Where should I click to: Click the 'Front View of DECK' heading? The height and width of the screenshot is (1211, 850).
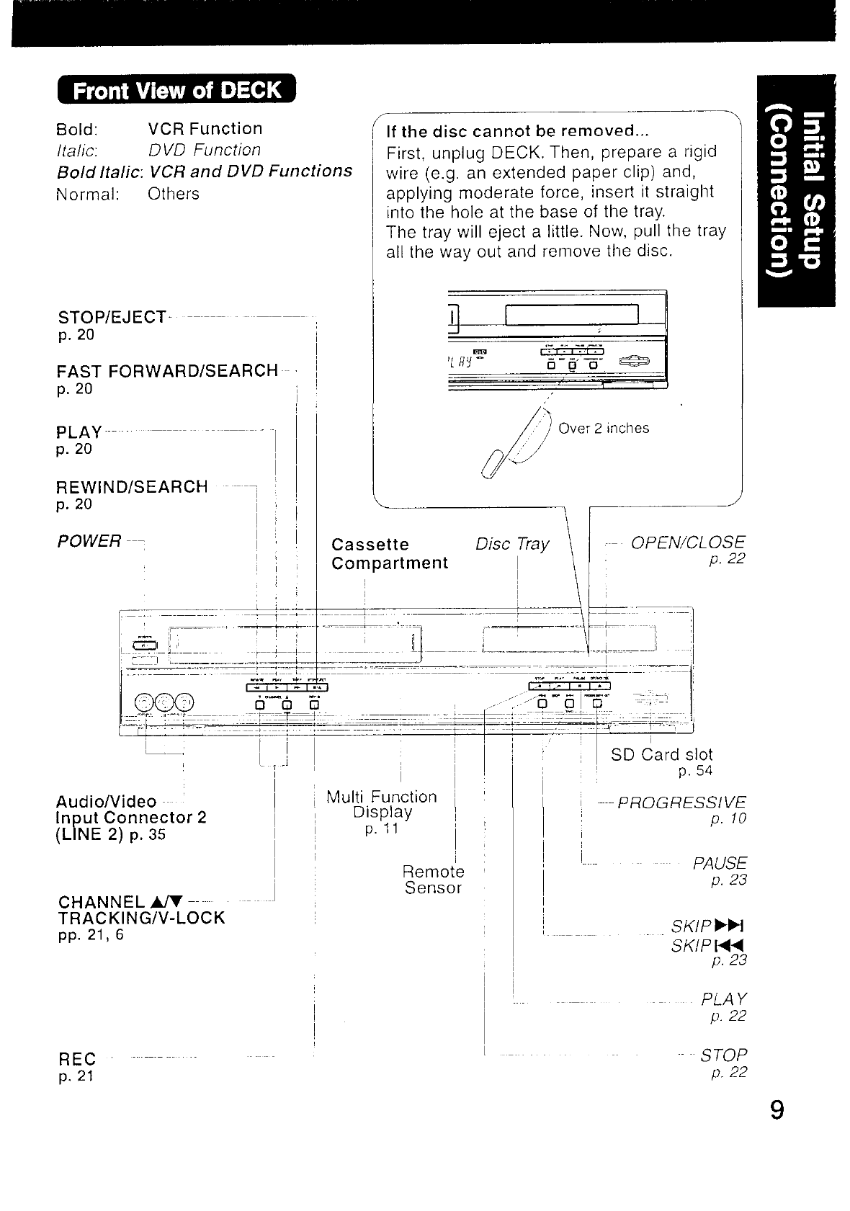click(176, 90)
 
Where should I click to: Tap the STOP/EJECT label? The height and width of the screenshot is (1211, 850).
click(111, 317)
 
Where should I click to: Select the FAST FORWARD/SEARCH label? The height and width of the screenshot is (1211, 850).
click(167, 371)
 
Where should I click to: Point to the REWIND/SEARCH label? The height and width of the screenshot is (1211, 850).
click(132, 486)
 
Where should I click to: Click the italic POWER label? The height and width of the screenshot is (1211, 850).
click(89, 541)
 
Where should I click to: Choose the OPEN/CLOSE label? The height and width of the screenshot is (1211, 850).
click(688, 542)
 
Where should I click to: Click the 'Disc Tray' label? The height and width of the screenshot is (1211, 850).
click(512, 544)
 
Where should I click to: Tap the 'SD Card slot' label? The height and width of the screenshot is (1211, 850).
click(661, 754)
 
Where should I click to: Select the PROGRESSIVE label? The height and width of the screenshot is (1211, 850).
click(682, 803)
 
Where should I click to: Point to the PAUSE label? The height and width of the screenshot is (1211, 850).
click(720, 863)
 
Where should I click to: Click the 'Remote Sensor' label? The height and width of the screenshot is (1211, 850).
click(434, 880)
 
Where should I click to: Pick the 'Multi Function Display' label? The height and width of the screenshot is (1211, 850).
click(382, 805)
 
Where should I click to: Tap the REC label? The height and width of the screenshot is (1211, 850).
click(76, 1059)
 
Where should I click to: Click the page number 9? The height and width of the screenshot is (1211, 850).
click(776, 1109)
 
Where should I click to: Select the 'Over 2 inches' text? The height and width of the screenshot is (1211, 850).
click(604, 429)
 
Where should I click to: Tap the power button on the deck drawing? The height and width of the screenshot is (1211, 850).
click(145, 645)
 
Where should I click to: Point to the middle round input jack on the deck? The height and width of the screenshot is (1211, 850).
click(166, 702)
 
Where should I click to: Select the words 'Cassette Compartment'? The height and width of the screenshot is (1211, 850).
click(390, 553)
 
